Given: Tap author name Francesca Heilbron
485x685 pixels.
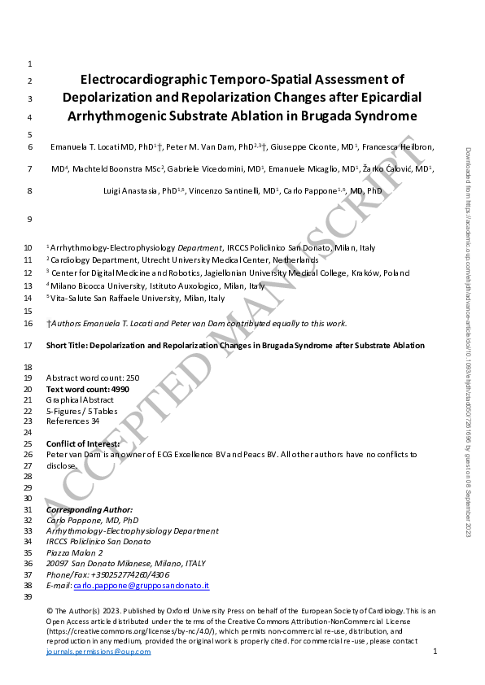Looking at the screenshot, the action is click(399, 147).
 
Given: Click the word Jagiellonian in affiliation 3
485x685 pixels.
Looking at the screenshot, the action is click(228, 273).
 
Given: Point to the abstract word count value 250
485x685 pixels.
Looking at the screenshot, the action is click(133, 378).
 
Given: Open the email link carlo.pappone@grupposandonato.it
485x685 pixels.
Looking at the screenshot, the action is click(141, 586).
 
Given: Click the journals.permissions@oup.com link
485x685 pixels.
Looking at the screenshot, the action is click(98, 652).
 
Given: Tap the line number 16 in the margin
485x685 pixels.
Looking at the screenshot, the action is click(28, 324).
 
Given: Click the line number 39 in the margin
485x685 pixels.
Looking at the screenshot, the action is click(28, 597).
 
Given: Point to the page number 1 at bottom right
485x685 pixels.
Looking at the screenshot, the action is click(435, 652).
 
